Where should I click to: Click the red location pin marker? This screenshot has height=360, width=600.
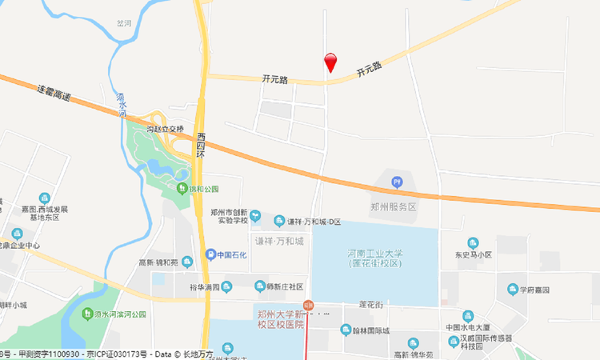tap(330, 62)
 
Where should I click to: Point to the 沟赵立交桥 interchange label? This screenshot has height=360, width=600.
tap(165, 128)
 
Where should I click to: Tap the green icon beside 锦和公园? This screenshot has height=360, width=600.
tap(182, 189)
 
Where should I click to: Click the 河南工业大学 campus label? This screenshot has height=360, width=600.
tap(375, 258)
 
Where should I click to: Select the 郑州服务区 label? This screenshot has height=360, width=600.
tap(394, 206)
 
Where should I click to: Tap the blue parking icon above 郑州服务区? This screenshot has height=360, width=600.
tap(398, 182)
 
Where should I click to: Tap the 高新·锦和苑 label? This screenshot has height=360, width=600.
tap(158, 261)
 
